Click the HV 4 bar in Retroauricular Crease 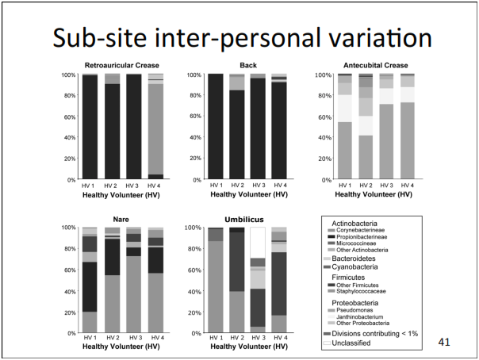[x=156, y=127]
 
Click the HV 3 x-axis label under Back [x=257, y=186]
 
